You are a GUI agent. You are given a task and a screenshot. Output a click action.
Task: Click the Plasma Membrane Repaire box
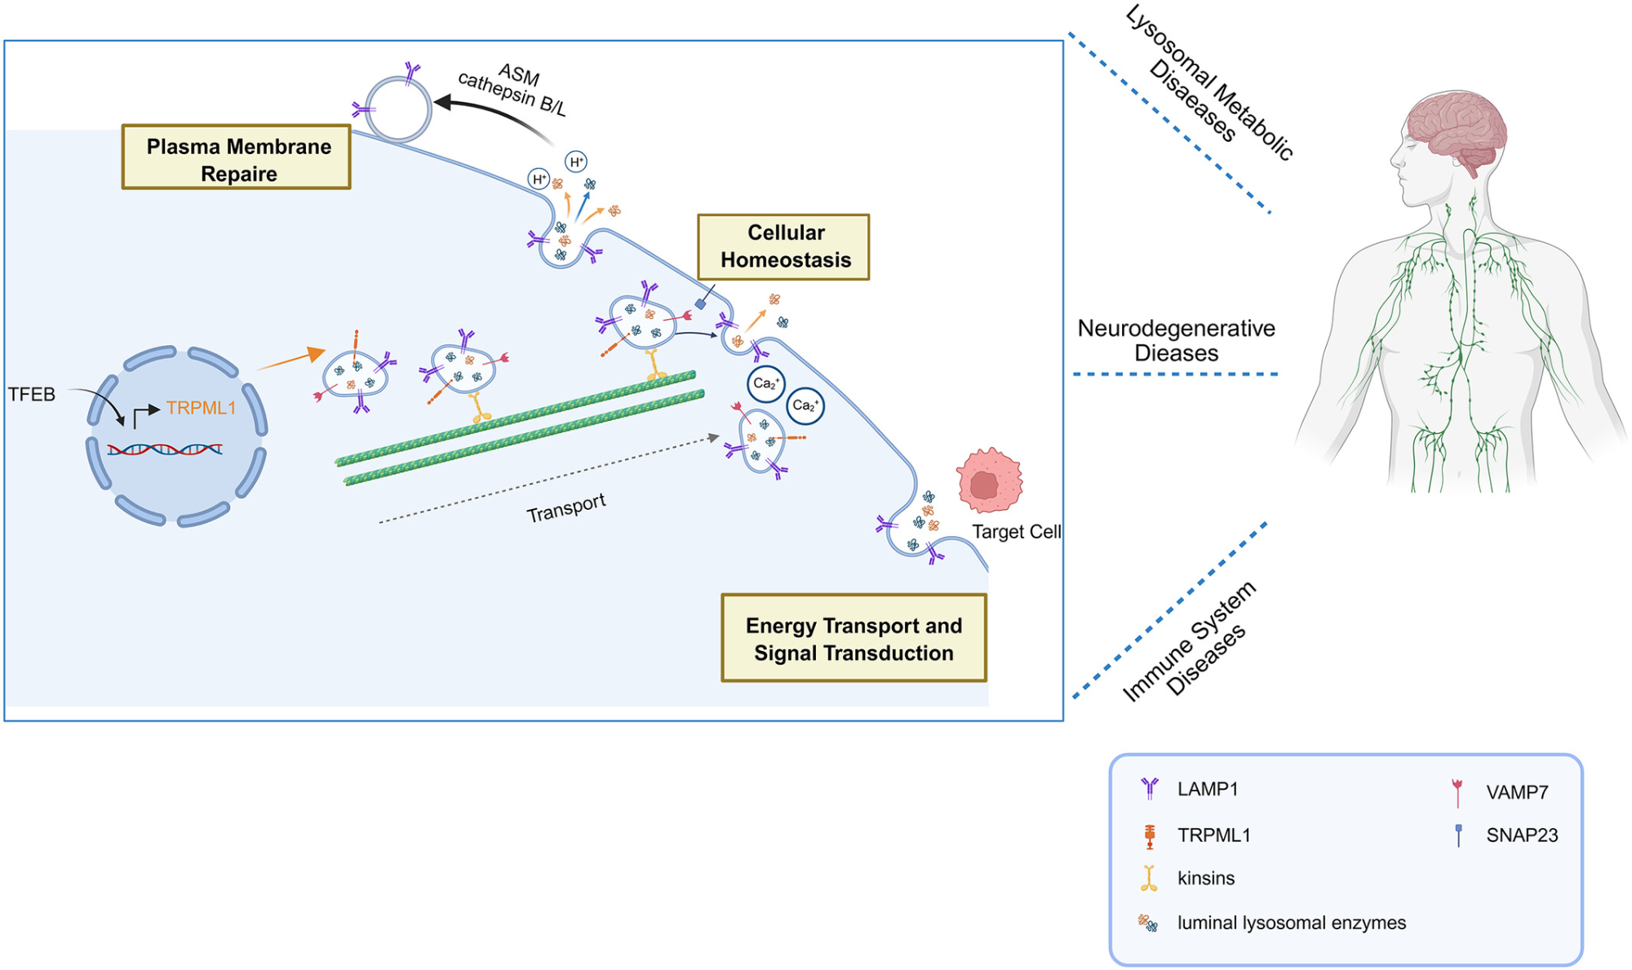[237, 157]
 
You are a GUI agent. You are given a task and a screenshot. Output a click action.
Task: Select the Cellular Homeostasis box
[783, 246]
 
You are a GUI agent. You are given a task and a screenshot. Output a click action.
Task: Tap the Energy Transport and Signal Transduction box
[854, 638]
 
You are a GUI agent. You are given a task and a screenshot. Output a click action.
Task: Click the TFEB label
[32, 395]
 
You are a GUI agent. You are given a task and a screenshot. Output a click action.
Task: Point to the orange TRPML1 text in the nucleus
[201, 408]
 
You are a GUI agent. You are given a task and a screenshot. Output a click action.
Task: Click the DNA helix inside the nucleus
[165, 449]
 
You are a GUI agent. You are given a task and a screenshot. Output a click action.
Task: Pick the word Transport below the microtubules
[565, 507]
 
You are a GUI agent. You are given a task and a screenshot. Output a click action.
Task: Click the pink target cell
[989, 481]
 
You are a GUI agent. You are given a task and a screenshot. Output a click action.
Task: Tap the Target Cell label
[1016, 532]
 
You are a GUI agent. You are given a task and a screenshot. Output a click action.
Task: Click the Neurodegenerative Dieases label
[1176, 340]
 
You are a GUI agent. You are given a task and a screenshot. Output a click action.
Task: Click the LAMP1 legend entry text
[1208, 789]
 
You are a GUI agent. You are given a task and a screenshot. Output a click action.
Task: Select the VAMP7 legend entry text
[1517, 792]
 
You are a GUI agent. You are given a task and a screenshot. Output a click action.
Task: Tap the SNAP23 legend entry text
[1522, 835]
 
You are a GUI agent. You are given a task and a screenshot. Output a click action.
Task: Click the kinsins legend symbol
[1149, 878]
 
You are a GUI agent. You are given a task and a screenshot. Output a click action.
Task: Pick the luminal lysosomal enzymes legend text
[1291, 923]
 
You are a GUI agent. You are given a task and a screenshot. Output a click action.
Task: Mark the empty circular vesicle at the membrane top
[398, 109]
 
